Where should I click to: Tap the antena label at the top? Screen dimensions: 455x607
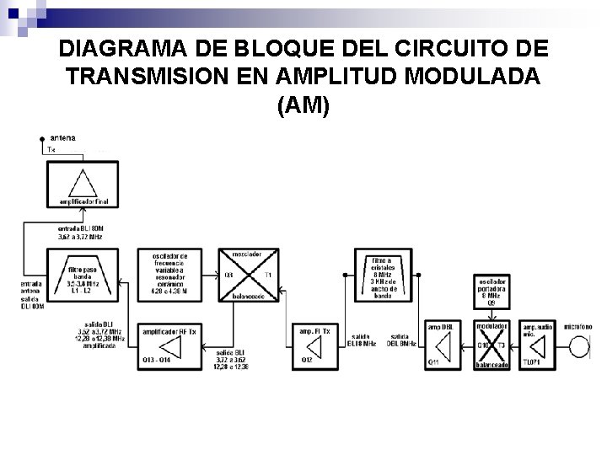pyautogui.click(x=62, y=136)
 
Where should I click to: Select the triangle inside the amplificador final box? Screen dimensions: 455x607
pyautogui.click(x=83, y=183)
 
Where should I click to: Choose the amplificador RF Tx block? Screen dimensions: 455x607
pyautogui.click(x=169, y=346)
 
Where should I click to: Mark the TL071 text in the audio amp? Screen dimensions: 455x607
pyautogui.click(x=532, y=361)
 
